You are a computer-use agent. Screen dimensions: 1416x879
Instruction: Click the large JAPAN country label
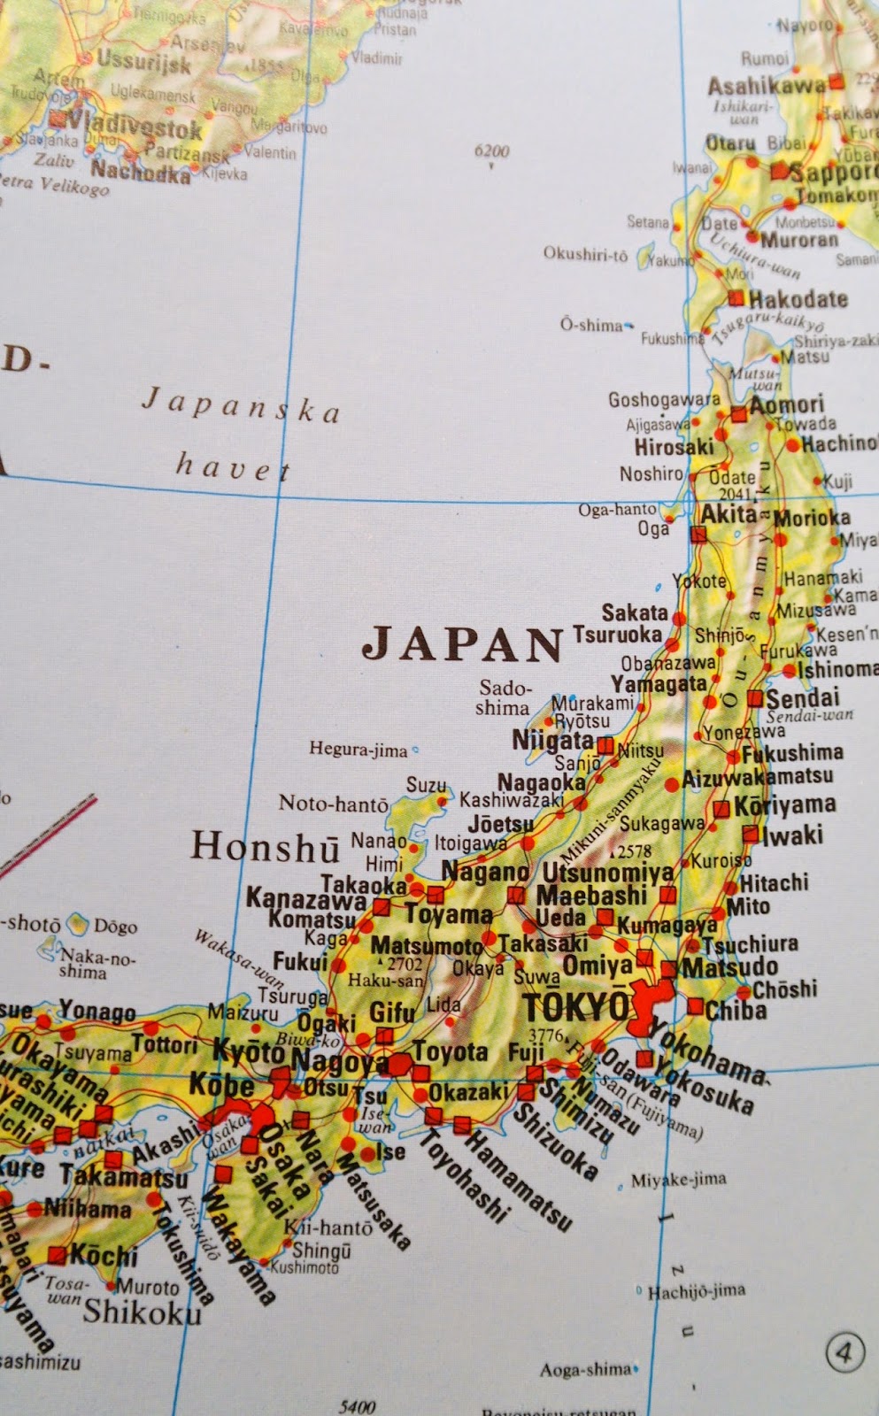(x=463, y=643)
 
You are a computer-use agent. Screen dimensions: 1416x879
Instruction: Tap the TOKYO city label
(x=576, y=1006)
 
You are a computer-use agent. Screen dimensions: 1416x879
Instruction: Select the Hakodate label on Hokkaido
(x=798, y=298)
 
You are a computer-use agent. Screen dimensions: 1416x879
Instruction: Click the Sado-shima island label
(x=504, y=697)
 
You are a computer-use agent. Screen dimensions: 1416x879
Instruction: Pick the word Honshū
(x=265, y=847)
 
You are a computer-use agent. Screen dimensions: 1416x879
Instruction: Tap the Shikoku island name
(x=142, y=1312)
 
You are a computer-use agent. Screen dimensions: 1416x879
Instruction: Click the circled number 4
(x=844, y=1352)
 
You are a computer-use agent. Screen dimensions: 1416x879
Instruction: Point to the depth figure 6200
(x=491, y=150)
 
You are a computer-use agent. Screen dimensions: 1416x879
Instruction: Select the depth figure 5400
(x=357, y=1405)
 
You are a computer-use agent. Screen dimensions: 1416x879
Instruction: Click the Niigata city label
(x=553, y=739)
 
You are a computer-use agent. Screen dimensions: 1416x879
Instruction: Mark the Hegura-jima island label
(x=358, y=750)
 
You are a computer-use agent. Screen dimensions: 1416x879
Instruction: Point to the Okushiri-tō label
(x=585, y=255)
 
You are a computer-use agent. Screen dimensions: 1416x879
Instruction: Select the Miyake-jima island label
(x=678, y=1180)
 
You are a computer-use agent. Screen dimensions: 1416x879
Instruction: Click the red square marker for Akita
(x=698, y=534)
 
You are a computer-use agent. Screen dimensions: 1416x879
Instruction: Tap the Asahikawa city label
(x=766, y=85)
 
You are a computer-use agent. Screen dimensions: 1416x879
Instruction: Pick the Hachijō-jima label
(x=696, y=1291)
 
